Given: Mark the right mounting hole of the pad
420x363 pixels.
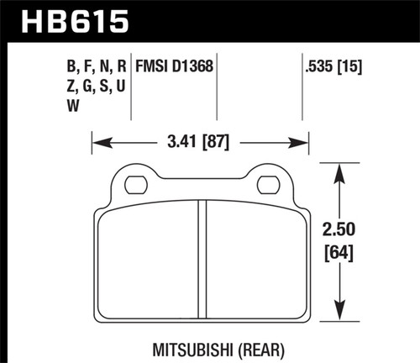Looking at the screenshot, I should tap(268, 184).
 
